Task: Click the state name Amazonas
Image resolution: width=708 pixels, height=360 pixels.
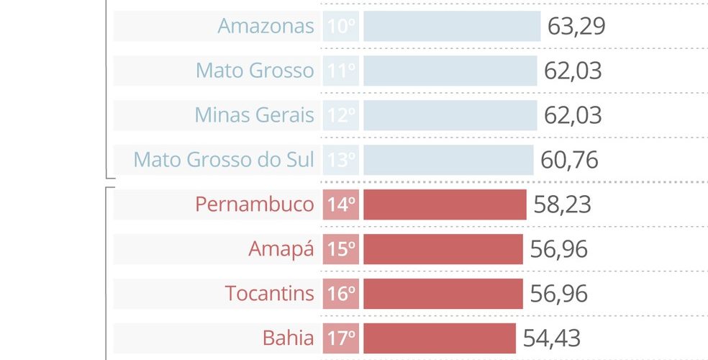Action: [265, 26]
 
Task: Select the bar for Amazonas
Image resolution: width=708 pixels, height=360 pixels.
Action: [451, 26]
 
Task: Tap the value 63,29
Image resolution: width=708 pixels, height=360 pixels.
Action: [576, 26]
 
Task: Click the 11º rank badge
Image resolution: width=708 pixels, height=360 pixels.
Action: [341, 71]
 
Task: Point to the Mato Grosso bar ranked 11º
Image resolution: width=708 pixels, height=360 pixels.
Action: [450, 71]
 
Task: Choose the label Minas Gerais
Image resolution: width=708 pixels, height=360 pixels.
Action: [254, 115]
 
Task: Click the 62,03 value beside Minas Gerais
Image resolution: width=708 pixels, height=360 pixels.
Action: [573, 115]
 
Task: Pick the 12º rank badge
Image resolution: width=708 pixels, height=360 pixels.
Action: [341, 115]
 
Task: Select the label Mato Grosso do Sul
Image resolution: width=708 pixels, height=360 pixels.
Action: [224, 160]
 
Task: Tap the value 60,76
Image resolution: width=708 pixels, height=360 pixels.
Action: [569, 160]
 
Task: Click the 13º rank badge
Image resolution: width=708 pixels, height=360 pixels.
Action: [341, 160]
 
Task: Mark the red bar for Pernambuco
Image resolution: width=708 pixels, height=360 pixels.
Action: [445, 204]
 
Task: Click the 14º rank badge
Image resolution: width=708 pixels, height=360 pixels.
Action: [341, 204]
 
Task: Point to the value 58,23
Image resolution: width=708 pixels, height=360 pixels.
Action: [562, 204]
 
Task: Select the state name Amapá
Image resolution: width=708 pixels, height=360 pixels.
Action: [281, 249]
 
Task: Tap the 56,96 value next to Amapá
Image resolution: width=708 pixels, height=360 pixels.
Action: [558, 249]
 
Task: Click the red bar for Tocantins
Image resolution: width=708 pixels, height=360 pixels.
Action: [442, 294]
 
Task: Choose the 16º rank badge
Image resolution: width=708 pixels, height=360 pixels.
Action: [341, 294]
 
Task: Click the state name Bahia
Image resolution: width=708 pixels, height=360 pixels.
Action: [288, 338]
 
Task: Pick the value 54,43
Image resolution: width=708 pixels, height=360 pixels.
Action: [551, 338]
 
